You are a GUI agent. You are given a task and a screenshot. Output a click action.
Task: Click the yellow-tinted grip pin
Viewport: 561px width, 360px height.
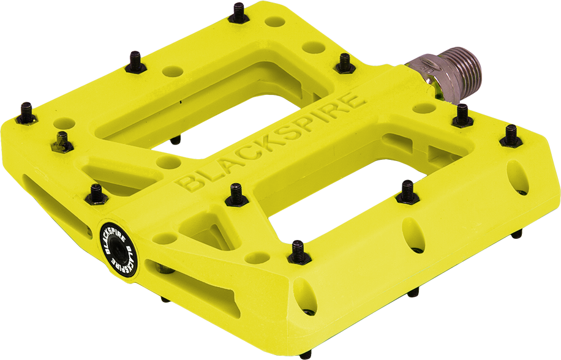(62, 141)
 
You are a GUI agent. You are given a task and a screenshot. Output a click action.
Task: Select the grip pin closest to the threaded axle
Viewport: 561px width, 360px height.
(462, 116)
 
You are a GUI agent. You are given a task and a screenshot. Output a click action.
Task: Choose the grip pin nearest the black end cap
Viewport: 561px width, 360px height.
(97, 194)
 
